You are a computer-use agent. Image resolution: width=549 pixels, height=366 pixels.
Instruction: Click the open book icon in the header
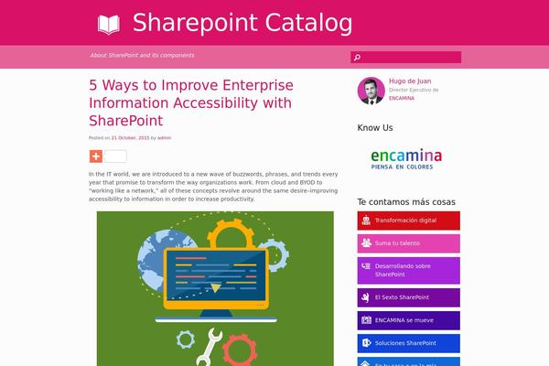coord(108,24)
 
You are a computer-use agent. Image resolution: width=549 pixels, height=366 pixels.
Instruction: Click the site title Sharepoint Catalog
coord(242,23)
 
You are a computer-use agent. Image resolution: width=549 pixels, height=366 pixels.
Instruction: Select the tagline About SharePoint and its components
coord(142,55)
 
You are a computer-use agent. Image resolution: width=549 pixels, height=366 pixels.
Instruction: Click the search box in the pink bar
coord(405,57)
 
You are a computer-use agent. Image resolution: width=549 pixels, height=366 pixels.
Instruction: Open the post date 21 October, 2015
coord(131,137)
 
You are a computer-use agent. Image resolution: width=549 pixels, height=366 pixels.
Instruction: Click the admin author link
coord(165,137)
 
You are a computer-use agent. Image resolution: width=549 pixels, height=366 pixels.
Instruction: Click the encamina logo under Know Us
coord(406,158)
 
